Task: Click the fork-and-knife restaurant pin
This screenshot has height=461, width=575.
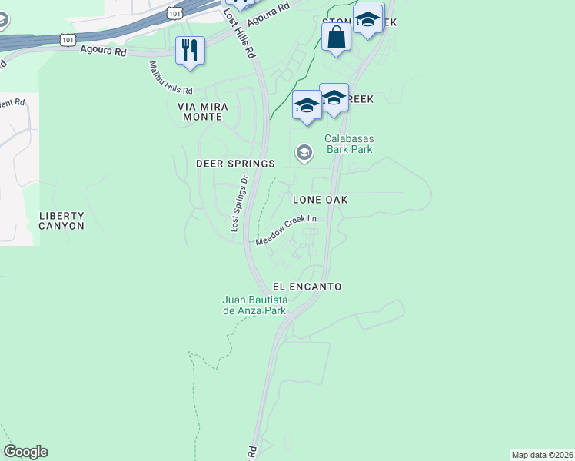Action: [188, 51]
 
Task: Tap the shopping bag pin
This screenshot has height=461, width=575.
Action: [336, 37]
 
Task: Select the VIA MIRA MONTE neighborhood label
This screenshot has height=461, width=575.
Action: [200, 111]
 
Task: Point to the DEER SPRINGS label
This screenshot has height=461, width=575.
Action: [235, 164]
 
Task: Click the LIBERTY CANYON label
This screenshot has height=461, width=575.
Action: [61, 221]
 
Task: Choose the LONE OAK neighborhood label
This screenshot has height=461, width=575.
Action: [321, 200]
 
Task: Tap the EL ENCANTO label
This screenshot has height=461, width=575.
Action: [307, 286]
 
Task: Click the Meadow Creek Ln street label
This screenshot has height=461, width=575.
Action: [286, 230]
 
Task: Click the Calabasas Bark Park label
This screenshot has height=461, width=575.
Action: [348, 144]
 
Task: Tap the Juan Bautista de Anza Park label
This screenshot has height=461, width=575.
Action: [254, 305]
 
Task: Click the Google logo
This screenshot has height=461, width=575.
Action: [25, 452]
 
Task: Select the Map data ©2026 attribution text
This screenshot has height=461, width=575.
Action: [543, 455]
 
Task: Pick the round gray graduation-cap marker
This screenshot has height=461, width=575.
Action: [304, 154]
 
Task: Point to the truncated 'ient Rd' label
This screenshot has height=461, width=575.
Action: [13, 101]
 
